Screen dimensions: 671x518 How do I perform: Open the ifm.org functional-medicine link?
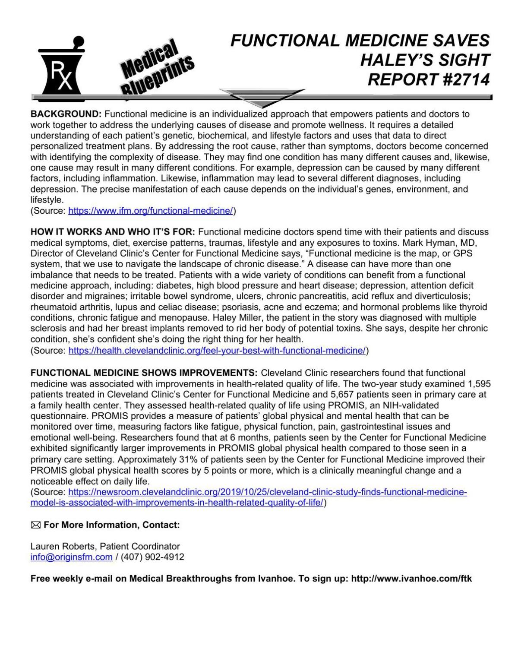tap(151, 211)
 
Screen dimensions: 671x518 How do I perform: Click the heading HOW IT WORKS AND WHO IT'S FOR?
tap(113, 232)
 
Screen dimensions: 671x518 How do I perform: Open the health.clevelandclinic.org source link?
tap(217, 350)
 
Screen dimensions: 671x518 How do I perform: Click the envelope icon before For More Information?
tap(36, 525)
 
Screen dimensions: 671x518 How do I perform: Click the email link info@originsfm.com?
tap(71, 557)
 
